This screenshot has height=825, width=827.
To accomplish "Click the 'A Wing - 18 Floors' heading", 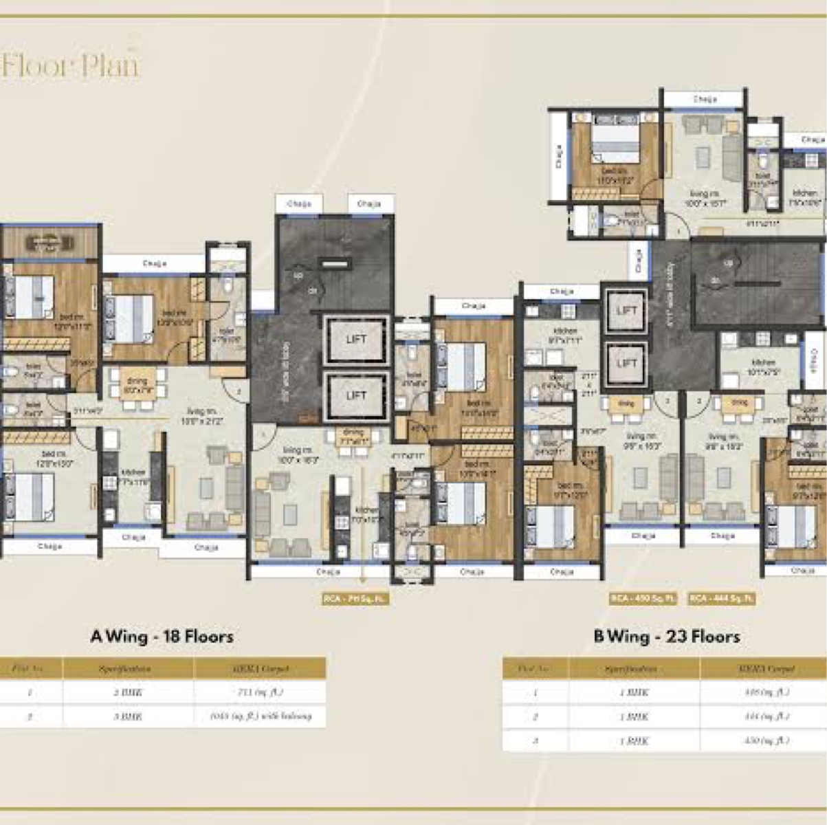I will (x=162, y=637).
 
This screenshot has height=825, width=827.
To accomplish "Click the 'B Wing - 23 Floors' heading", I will (x=666, y=637).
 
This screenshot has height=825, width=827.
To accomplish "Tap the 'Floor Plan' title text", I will (x=70, y=65).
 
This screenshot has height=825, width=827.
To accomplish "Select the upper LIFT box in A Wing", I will (x=356, y=339).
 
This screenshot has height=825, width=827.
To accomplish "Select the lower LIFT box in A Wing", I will (x=356, y=395).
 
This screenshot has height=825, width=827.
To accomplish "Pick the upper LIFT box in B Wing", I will (x=626, y=311).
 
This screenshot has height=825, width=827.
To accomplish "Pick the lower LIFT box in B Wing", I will (x=626, y=363).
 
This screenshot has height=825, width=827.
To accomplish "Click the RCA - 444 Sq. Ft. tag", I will (x=723, y=599).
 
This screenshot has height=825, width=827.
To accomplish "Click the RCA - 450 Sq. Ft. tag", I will (x=643, y=599).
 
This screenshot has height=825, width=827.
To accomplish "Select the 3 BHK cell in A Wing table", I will (x=128, y=716).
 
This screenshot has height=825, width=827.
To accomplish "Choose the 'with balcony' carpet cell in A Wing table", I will (x=260, y=716).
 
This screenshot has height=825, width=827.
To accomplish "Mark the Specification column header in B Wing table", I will (x=634, y=668).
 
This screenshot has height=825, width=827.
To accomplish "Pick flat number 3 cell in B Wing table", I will (x=536, y=740).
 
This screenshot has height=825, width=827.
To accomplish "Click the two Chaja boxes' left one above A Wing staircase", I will (x=299, y=204).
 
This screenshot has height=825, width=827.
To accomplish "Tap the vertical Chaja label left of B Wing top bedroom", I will (x=559, y=157).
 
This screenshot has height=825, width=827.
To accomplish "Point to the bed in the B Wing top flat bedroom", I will (x=616, y=145).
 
